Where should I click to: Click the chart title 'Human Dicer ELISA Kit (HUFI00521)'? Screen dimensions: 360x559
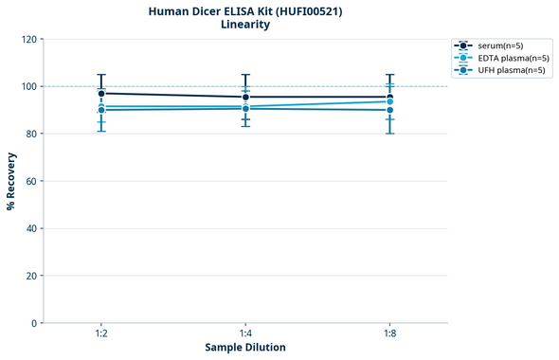(245, 11)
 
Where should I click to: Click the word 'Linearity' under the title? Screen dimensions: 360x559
(245, 26)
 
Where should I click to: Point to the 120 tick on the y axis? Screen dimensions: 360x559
(29, 40)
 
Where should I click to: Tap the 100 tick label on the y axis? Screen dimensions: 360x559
(29, 87)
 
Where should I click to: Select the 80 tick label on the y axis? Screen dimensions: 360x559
(32, 135)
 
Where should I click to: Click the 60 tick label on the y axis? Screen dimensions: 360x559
(32, 182)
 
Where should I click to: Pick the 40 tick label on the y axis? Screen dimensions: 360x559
(32, 229)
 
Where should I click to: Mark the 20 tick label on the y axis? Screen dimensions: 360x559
(32, 277)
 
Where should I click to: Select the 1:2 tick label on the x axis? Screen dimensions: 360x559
(101, 334)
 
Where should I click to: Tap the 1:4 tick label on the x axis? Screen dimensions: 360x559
(245, 334)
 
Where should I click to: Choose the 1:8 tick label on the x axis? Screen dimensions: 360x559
(389, 334)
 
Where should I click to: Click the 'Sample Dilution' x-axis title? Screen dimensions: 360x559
(245, 348)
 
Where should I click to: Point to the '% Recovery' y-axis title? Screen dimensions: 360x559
(11, 181)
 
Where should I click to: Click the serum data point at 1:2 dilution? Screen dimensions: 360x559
(101, 94)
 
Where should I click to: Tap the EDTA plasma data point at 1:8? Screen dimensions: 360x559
(389, 101)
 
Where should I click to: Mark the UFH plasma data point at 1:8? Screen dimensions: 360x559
(389, 110)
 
